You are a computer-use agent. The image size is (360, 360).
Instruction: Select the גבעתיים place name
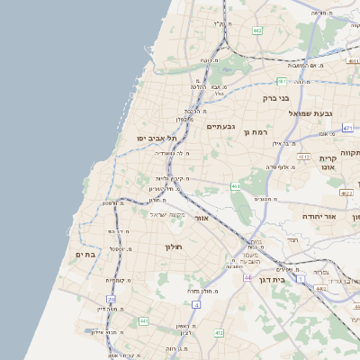point(220,126)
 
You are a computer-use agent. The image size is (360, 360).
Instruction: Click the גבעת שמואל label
point(310,113)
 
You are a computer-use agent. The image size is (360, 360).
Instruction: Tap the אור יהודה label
point(317,217)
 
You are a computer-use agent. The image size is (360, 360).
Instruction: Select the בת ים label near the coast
point(85,256)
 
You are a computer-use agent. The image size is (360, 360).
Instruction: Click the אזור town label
point(202,218)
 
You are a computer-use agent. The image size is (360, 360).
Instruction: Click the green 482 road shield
point(257,31)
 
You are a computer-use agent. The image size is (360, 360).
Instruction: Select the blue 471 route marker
point(347,129)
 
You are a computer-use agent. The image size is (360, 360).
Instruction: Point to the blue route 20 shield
point(112,299)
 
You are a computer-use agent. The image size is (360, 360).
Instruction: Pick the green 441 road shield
point(143,321)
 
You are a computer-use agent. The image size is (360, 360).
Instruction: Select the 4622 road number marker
point(346,193)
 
